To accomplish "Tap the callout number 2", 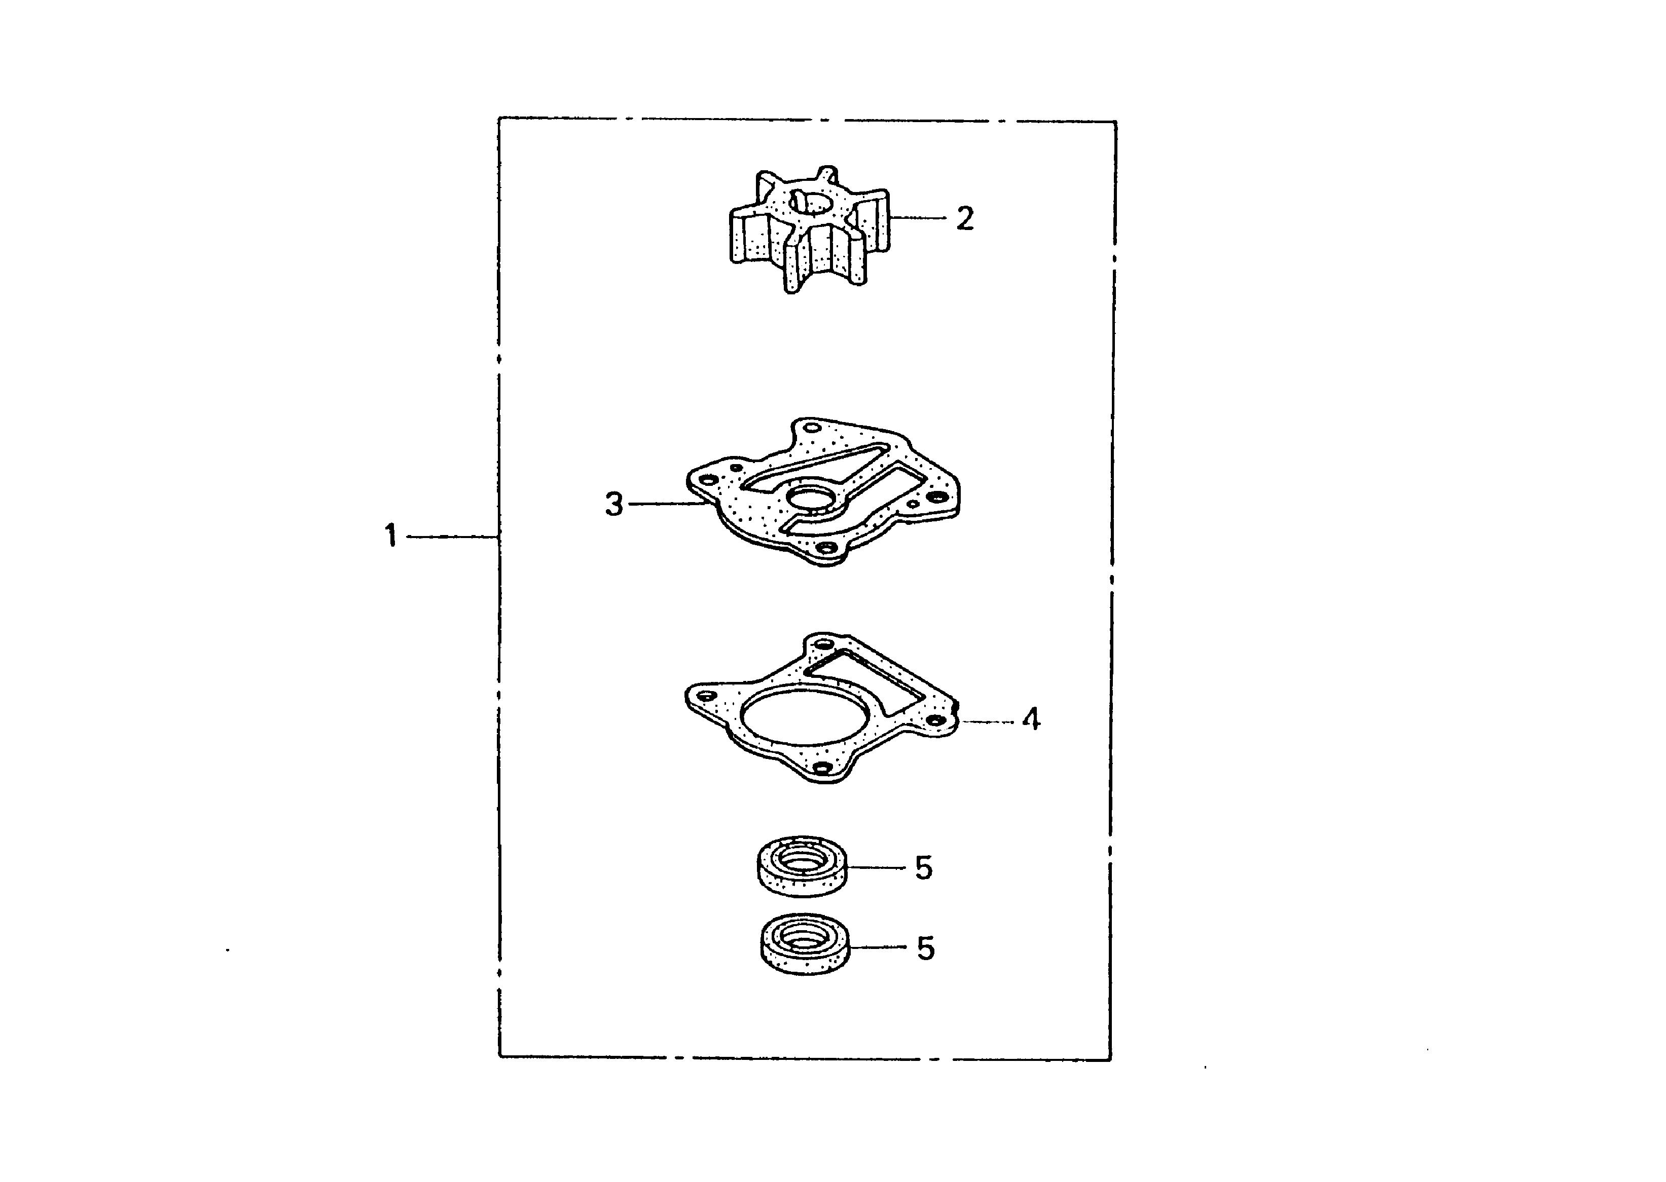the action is click(x=965, y=218).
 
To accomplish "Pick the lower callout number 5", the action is click(x=925, y=948).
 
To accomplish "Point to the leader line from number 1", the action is click(x=451, y=537).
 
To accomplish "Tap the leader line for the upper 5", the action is click(x=877, y=867).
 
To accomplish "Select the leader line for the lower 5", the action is click(x=880, y=947).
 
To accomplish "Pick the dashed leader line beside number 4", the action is click(x=987, y=721).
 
